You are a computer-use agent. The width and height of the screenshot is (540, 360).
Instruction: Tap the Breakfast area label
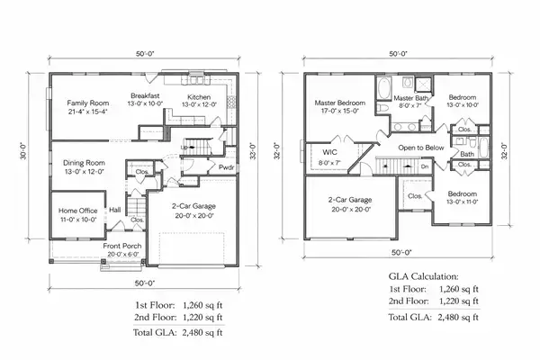144,95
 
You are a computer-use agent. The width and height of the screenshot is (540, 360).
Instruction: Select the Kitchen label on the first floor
199,96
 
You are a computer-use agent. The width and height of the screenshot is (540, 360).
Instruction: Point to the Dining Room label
84,162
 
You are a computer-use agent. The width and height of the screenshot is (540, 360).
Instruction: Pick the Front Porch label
123,246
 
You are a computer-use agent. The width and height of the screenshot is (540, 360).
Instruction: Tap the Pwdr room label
227,167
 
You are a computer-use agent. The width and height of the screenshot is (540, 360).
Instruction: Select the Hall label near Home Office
115,210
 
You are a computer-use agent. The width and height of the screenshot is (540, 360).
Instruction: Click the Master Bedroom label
337,103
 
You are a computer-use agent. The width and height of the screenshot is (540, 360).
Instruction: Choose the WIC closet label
329,153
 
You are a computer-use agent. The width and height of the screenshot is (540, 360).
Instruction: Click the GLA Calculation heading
423,275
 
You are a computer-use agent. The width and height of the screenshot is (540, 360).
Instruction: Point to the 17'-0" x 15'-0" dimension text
337,112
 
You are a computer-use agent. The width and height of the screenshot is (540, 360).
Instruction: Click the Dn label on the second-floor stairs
424,166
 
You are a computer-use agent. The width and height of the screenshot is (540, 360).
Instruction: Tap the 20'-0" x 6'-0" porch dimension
123,255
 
